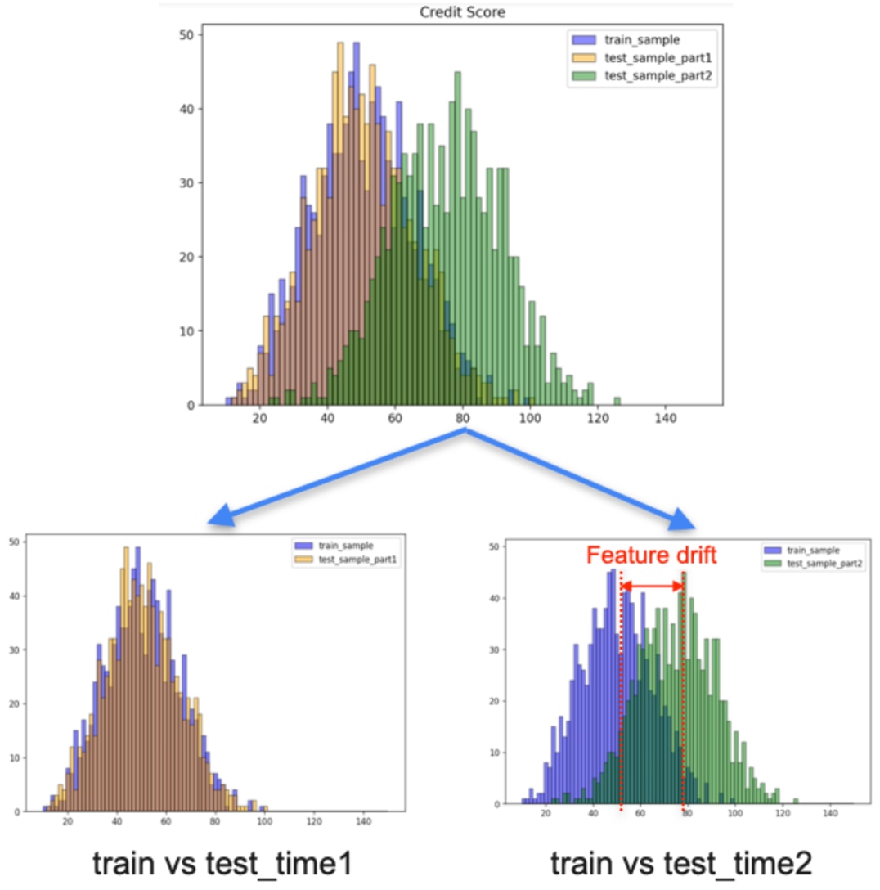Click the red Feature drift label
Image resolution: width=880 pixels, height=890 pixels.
pos(651,556)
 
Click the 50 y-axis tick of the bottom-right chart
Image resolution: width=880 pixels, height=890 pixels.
pos(494,545)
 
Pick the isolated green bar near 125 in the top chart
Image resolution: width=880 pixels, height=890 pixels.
pos(617,401)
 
